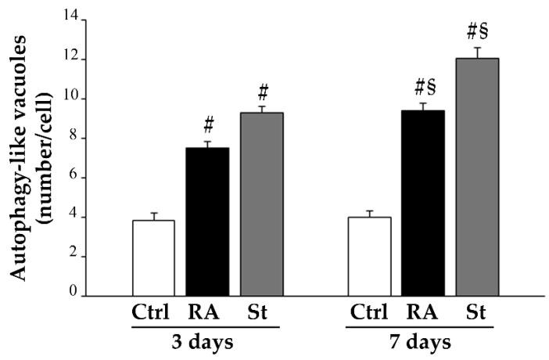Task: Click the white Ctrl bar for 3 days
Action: click(x=153, y=258)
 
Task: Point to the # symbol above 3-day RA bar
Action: click(x=208, y=125)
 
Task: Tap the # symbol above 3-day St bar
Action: click(x=262, y=91)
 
